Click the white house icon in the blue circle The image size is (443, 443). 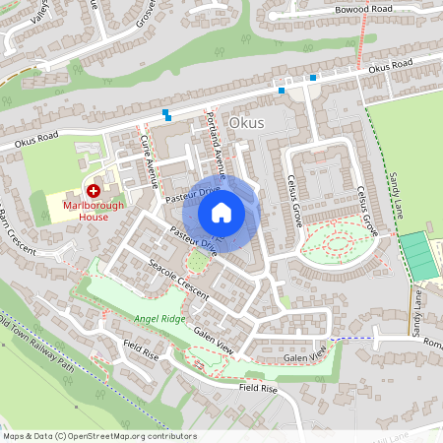pos(221,213)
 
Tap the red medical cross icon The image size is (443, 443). pos(94,190)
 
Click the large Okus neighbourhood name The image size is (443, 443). pos(245,123)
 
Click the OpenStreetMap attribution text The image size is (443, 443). pos(98,436)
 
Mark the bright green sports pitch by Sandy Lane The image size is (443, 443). pos(420,254)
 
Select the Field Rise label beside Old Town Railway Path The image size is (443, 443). pos(141,349)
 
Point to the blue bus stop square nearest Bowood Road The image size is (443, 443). pos(313,77)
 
